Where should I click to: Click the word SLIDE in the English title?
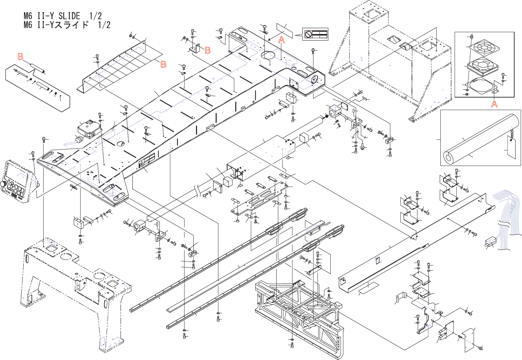click(69, 16)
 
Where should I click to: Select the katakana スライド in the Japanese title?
click(72, 25)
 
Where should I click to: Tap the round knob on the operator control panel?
click(3, 184)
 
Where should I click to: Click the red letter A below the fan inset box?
click(494, 104)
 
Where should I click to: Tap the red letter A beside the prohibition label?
click(282, 40)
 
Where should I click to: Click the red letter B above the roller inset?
click(20, 57)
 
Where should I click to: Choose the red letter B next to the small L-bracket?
click(208, 50)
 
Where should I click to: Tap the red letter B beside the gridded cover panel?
click(164, 64)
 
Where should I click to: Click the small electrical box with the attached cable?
click(90, 130)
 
